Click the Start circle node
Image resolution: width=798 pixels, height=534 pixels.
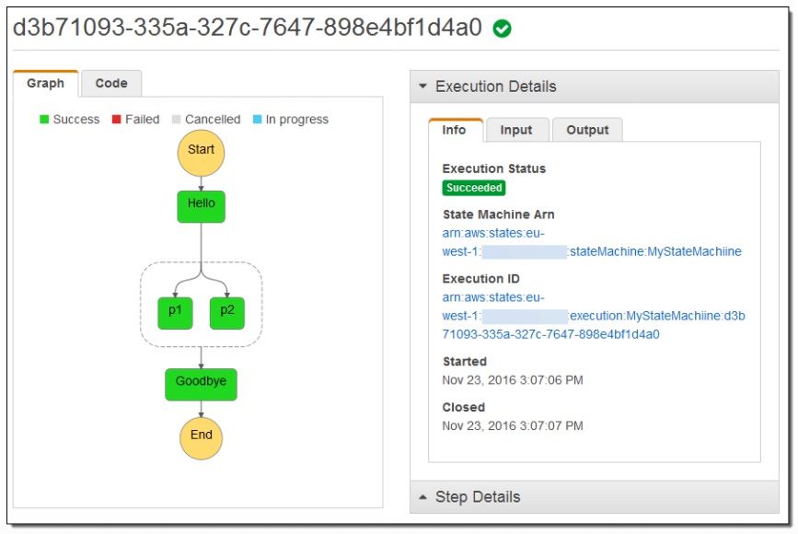(x=201, y=153)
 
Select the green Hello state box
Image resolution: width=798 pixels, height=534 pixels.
(x=201, y=206)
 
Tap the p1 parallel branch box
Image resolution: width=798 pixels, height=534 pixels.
(x=175, y=313)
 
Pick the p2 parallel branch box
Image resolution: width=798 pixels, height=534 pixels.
(x=227, y=313)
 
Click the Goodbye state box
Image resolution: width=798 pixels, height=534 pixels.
(x=201, y=384)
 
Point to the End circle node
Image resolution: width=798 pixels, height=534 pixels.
(x=201, y=438)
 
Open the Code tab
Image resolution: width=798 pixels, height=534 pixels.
(x=111, y=84)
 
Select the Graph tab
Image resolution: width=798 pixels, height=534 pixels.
(x=46, y=84)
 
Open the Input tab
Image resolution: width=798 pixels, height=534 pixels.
(x=517, y=130)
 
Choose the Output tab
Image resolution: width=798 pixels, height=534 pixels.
(x=587, y=130)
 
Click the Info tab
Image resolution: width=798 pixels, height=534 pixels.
(x=455, y=130)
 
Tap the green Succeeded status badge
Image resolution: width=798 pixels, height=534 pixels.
(x=474, y=188)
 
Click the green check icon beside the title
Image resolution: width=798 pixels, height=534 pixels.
(x=503, y=29)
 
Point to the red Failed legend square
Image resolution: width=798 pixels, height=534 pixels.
(x=117, y=119)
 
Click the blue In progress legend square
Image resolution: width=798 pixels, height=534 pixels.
(x=257, y=119)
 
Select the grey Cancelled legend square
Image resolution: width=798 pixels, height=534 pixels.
(x=176, y=119)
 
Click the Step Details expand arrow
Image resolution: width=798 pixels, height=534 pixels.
(x=422, y=497)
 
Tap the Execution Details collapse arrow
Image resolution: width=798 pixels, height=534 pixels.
(x=422, y=86)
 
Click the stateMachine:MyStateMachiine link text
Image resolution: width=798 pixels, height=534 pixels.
(x=655, y=251)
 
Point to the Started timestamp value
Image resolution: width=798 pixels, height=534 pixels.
(x=513, y=380)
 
